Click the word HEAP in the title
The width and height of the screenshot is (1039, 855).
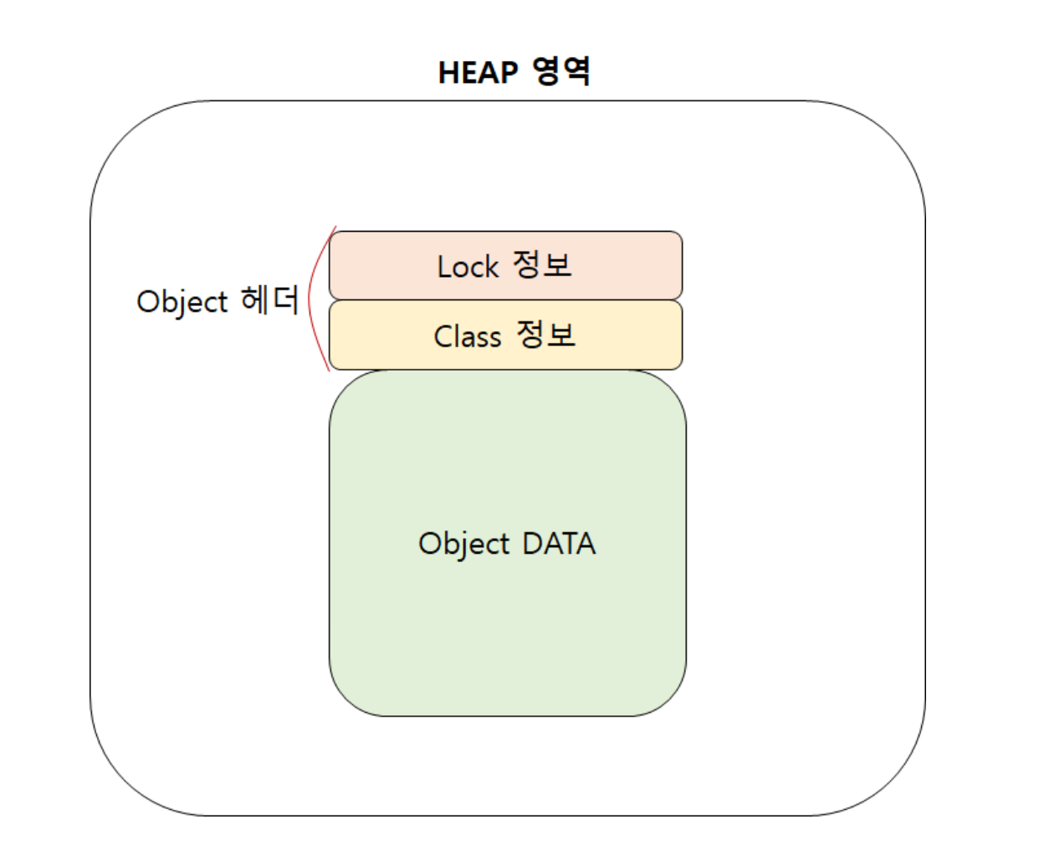(478, 73)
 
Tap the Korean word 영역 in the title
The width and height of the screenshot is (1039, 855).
(561, 71)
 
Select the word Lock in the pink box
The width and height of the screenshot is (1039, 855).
(468, 267)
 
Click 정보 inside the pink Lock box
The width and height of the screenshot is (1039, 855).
(542, 265)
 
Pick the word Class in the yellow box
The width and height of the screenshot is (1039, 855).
(467, 336)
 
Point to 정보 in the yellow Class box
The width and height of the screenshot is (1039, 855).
(545, 335)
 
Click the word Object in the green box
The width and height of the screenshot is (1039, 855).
(463, 544)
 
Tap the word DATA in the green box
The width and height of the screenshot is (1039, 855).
(559, 544)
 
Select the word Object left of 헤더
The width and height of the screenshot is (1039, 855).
(182, 302)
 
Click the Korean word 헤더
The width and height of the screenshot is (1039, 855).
(269, 300)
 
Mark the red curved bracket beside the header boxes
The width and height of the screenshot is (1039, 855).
(311, 298)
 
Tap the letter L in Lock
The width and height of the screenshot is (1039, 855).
(443, 267)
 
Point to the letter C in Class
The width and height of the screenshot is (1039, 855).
(443, 336)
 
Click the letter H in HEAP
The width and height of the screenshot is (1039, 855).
(448, 73)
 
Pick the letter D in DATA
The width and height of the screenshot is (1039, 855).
(532, 544)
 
